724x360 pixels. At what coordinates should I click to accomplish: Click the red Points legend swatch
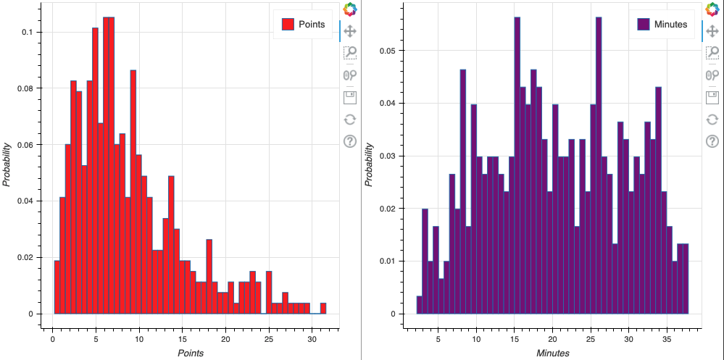pyautogui.click(x=290, y=25)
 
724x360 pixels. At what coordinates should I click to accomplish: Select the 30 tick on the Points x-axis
pyautogui.click(x=312, y=339)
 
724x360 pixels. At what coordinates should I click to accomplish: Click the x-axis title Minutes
pyautogui.click(x=552, y=353)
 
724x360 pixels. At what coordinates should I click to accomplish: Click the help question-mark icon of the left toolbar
pyautogui.click(x=350, y=141)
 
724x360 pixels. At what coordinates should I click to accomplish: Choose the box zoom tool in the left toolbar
pyautogui.click(x=350, y=52)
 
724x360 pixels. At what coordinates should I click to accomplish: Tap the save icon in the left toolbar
pyautogui.click(x=350, y=97)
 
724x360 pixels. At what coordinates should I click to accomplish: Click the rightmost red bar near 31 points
pyautogui.click(x=323, y=309)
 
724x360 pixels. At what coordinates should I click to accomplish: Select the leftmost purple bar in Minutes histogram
pyautogui.click(x=419, y=305)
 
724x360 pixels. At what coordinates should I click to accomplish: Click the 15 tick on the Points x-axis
pyautogui.click(x=182, y=339)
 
